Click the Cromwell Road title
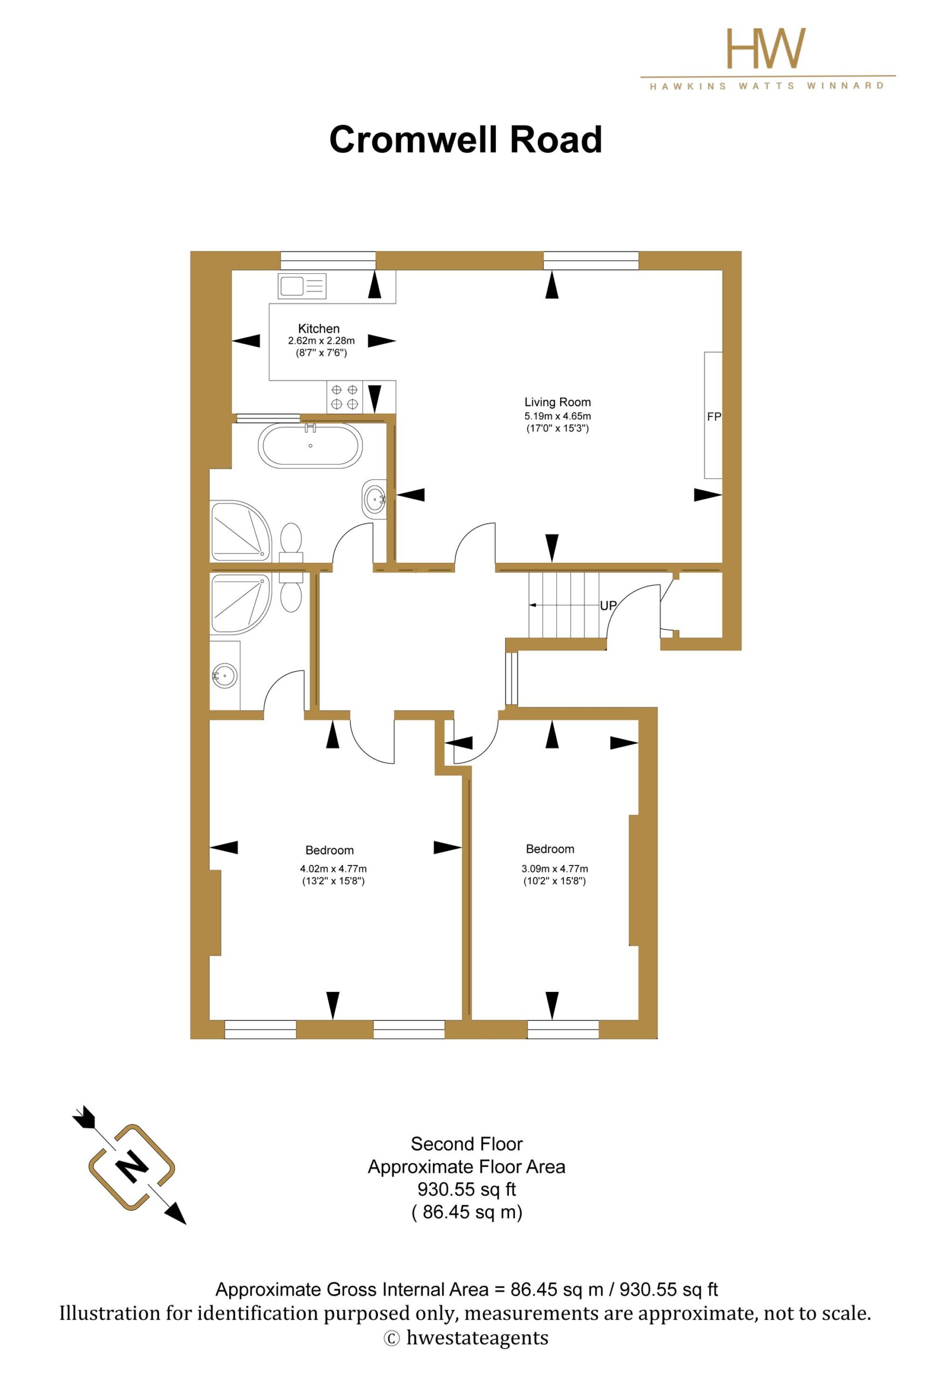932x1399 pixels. (466, 140)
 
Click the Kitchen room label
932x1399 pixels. (319, 328)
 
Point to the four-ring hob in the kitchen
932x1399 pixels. (345, 397)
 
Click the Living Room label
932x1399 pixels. (557, 402)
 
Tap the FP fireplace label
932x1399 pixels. (714, 417)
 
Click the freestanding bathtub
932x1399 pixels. (310, 445)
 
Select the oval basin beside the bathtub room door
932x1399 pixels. (375, 498)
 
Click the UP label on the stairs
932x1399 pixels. (608, 606)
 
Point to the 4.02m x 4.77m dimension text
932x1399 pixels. (334, 869)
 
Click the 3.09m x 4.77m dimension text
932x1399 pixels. (555, 869)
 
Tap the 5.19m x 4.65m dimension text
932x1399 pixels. (557, 416)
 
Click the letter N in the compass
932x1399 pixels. (132, 1167)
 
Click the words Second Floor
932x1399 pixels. (467, 1144)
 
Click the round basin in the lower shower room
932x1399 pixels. (225, 675)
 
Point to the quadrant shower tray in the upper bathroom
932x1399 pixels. (241, 531)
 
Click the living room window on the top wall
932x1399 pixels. (591, 261)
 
